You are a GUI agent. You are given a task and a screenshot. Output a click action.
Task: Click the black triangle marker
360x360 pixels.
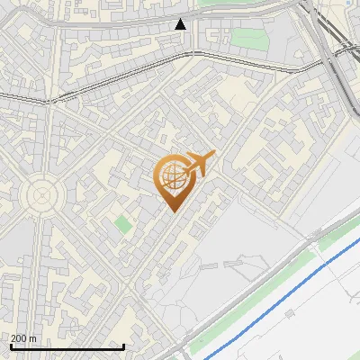[x=181, y=23]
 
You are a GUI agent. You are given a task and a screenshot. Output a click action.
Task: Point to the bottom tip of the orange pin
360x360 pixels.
[x=172, y=211]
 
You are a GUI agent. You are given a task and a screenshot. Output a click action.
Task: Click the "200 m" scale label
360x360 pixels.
[x=23, y=339]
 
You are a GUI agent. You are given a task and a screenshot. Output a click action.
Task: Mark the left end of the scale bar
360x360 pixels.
[x=10, y=347]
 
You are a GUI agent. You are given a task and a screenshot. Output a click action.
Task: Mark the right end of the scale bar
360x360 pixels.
[x=123, y=347]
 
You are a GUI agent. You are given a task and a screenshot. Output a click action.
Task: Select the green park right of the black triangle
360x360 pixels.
[x=245, y=39]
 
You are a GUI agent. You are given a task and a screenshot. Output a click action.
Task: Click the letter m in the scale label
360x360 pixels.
[x=33, y=339]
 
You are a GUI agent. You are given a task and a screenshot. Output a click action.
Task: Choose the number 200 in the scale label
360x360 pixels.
[x=19, y=339]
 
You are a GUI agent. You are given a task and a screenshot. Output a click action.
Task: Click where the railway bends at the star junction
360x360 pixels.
[x=47, y=101]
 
